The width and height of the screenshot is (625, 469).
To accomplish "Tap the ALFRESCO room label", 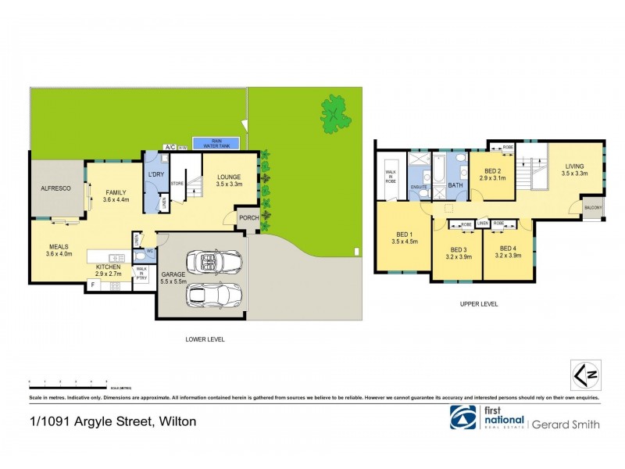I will pos(56,188).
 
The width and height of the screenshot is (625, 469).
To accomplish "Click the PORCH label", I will pos(248,218).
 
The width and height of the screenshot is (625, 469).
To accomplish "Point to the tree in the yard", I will pos(336,115).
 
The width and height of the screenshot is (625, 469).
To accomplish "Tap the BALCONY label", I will pos(593,209).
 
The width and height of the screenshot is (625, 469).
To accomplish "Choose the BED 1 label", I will pos(405,238).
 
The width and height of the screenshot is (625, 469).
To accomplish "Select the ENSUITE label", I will pos(419,188).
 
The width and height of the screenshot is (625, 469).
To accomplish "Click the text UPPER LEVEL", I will pos(478,304).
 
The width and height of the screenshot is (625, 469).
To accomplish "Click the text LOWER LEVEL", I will pos(205,340).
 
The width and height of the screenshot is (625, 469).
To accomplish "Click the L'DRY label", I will pos(155,173).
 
